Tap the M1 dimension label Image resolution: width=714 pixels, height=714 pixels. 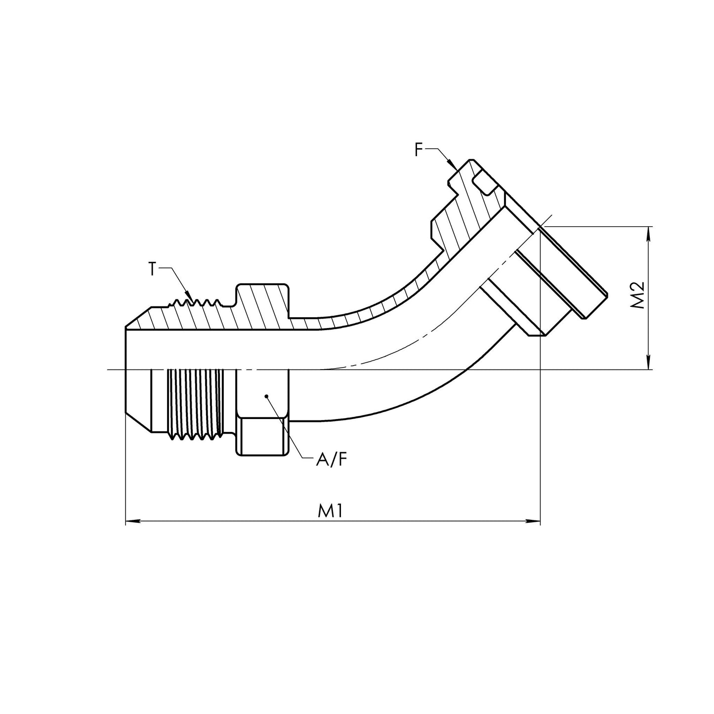pyautogui.click(x=330, y=511)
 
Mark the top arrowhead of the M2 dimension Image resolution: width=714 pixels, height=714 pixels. pyautogui.click(x=648, y=232)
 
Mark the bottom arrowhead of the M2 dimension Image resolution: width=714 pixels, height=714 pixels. pyautogui.click(x=648, y=364)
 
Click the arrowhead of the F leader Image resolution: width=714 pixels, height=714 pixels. pyautogui.click(x=451, y=163)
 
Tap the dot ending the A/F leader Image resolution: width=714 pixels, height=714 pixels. pyautogui.click(x=266, y=396)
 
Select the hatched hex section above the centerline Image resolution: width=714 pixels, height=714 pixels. pyautogui.click(x=262, y=306)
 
